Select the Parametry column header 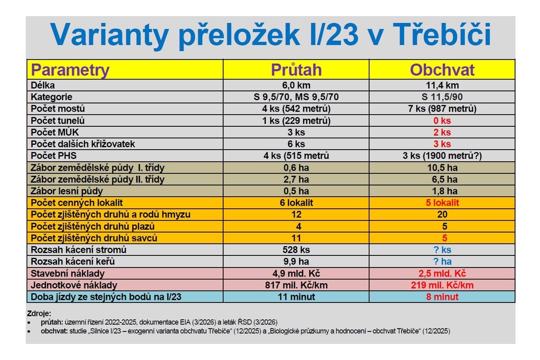(x=70, y=70)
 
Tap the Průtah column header (x=296, y=70)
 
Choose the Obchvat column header (x=442, y=70)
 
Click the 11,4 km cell (x=442, y=85)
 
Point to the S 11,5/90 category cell (x=442, y=97)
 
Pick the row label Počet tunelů (x=58, y=121)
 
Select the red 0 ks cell (x=442, y=121)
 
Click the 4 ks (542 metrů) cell (x=296, y=109)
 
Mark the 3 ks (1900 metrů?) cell (x=442, y=156)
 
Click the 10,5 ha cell (x=442, y=167)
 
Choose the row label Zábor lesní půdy (x=67, y=191)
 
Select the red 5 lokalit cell (x=442, y=203)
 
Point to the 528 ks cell (x=296, y=250)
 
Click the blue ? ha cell (x=442, y=261)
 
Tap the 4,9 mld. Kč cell (x=296, y=274)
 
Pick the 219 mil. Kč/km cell (x=442, y=285)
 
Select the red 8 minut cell (x=442, y=297)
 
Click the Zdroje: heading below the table (x=39, y=313)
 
